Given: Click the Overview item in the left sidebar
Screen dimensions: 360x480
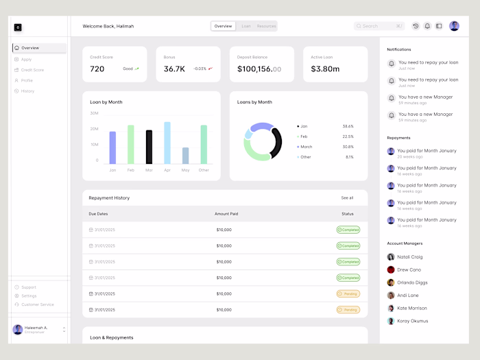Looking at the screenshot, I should pyautogui.click(x=30, y=48).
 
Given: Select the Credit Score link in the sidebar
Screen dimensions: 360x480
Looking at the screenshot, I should pyautogui.click(x=32, y=70).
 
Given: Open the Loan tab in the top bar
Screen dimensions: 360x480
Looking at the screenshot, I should pyautogui.click(x=246, y=26).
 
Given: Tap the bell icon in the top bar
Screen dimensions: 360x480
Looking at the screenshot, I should pyautogui.click(x=427, y=26).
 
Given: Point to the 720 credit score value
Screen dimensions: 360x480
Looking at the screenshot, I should pyautogui.click(x=97, y=69).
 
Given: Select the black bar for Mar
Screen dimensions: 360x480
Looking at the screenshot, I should pyautogui.click(x=149, y=147).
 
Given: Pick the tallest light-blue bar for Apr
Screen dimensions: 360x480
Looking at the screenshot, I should pyautogui.click(x=167, y=143).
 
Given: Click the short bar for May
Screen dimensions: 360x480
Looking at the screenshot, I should pyautogui.click(x=185, y=156).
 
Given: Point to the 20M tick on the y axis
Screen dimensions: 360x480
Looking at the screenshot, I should pyautogui.click(x=95, y=129).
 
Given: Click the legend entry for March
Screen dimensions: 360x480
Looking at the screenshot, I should pyautogui.click(x=306, y=147).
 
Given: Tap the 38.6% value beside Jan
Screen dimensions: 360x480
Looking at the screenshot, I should pyautogui.click(x=348, y=126).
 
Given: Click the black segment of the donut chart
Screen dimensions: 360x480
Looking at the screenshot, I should pyautogui.click(x=277, y=141).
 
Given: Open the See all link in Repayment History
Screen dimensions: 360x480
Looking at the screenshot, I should pyautogui.click(x=347, y=198).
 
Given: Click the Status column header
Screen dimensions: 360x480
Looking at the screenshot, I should pyautogui.click(x=348, y=214).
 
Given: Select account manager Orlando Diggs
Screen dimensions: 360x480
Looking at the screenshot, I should pyautogui.click(x=412, y=283).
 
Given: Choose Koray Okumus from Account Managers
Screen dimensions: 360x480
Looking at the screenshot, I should pyautogui.click(x=412, y=321).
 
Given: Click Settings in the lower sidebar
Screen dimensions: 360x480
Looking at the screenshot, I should pyautogui.click(x=29, y=296).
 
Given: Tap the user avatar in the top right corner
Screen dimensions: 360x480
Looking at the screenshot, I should pyautogui.click(x=454, y=26).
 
